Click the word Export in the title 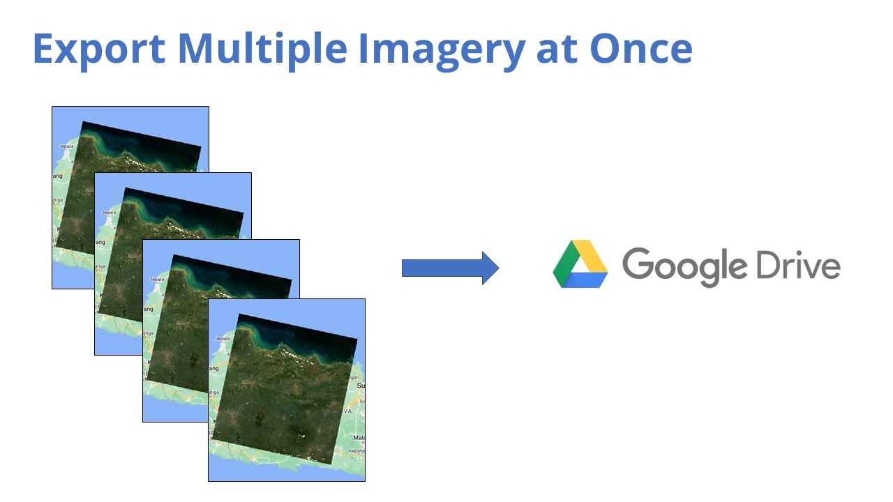98,49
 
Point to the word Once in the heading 640,49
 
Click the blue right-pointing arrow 450,268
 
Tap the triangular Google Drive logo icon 580,264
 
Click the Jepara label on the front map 223,338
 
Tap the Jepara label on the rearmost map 66,146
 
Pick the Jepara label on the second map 109,212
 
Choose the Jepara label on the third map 156,279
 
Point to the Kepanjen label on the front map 357,451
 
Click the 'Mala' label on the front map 359,437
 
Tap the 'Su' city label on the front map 361,385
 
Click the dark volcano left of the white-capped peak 262,419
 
